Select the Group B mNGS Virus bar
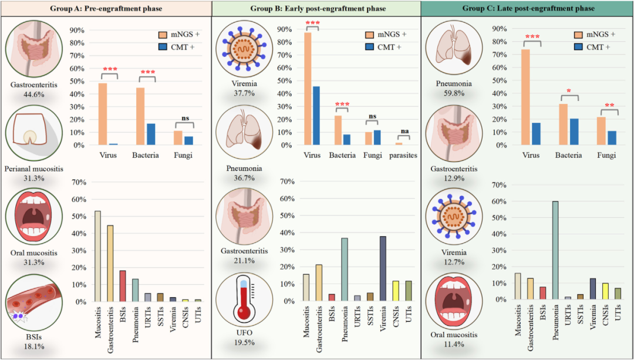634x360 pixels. tap(308, 88)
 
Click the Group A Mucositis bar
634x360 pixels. tap(97, 256)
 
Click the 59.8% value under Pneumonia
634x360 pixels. tap(449, 95)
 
